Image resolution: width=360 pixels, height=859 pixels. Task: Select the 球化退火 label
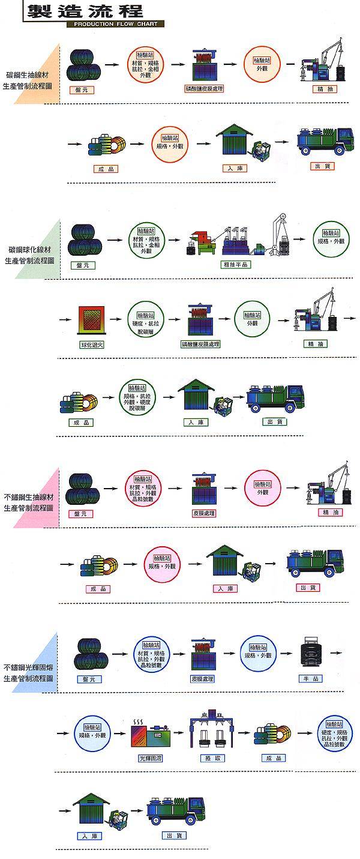pyautogui.click(x=92, y=345)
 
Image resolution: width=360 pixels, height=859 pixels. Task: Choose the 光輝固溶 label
pyautogui.click(x=151, y=758)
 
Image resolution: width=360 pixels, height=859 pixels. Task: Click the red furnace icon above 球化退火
pyautogui.click(x=92, y=319)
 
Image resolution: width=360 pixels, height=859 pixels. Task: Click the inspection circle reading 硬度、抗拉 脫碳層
pyautogui.click(x=145, y=319)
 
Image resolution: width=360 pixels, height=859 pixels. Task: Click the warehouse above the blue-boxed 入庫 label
pyautogui.click(x=93, y=809)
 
